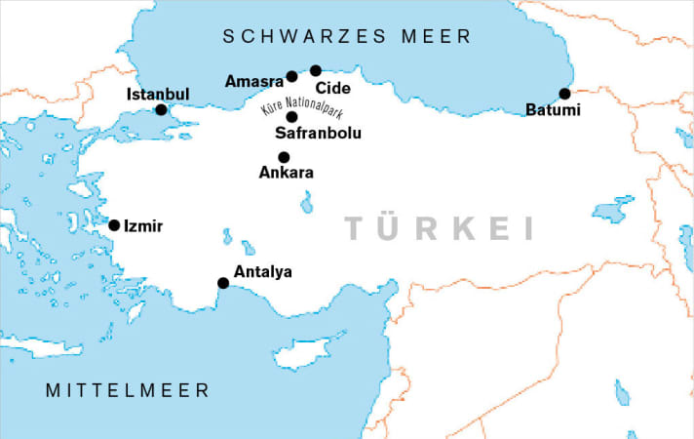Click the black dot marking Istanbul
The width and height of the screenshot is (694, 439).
click(x=162, y=109)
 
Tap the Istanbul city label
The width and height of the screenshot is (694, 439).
click(x=158, y=94)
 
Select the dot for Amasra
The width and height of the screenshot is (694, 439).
click(x=291, y=76)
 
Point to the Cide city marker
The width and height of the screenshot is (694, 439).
click(x=316, y=70)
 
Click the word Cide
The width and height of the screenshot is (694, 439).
click(x=332, y=88)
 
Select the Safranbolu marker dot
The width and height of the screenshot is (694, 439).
click(x=291, y=117)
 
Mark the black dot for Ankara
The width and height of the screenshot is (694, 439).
click(x=284, y=157)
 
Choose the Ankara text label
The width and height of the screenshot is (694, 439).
click(x=286, y=173)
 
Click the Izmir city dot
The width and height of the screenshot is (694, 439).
click(x=114, y=225)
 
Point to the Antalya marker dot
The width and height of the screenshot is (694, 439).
click(x=223, y=283)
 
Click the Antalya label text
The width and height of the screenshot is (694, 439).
click(x=263, y=271)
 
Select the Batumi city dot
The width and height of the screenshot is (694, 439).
click(x=564, y=94)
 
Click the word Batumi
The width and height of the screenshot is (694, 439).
click(x=552, y=110)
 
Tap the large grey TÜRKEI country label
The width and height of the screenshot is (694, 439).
click(x=441, y=229)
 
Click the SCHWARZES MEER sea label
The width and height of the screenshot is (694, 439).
click(x=347, y=37)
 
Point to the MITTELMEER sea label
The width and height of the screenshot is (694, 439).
click(x=128, y=390)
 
